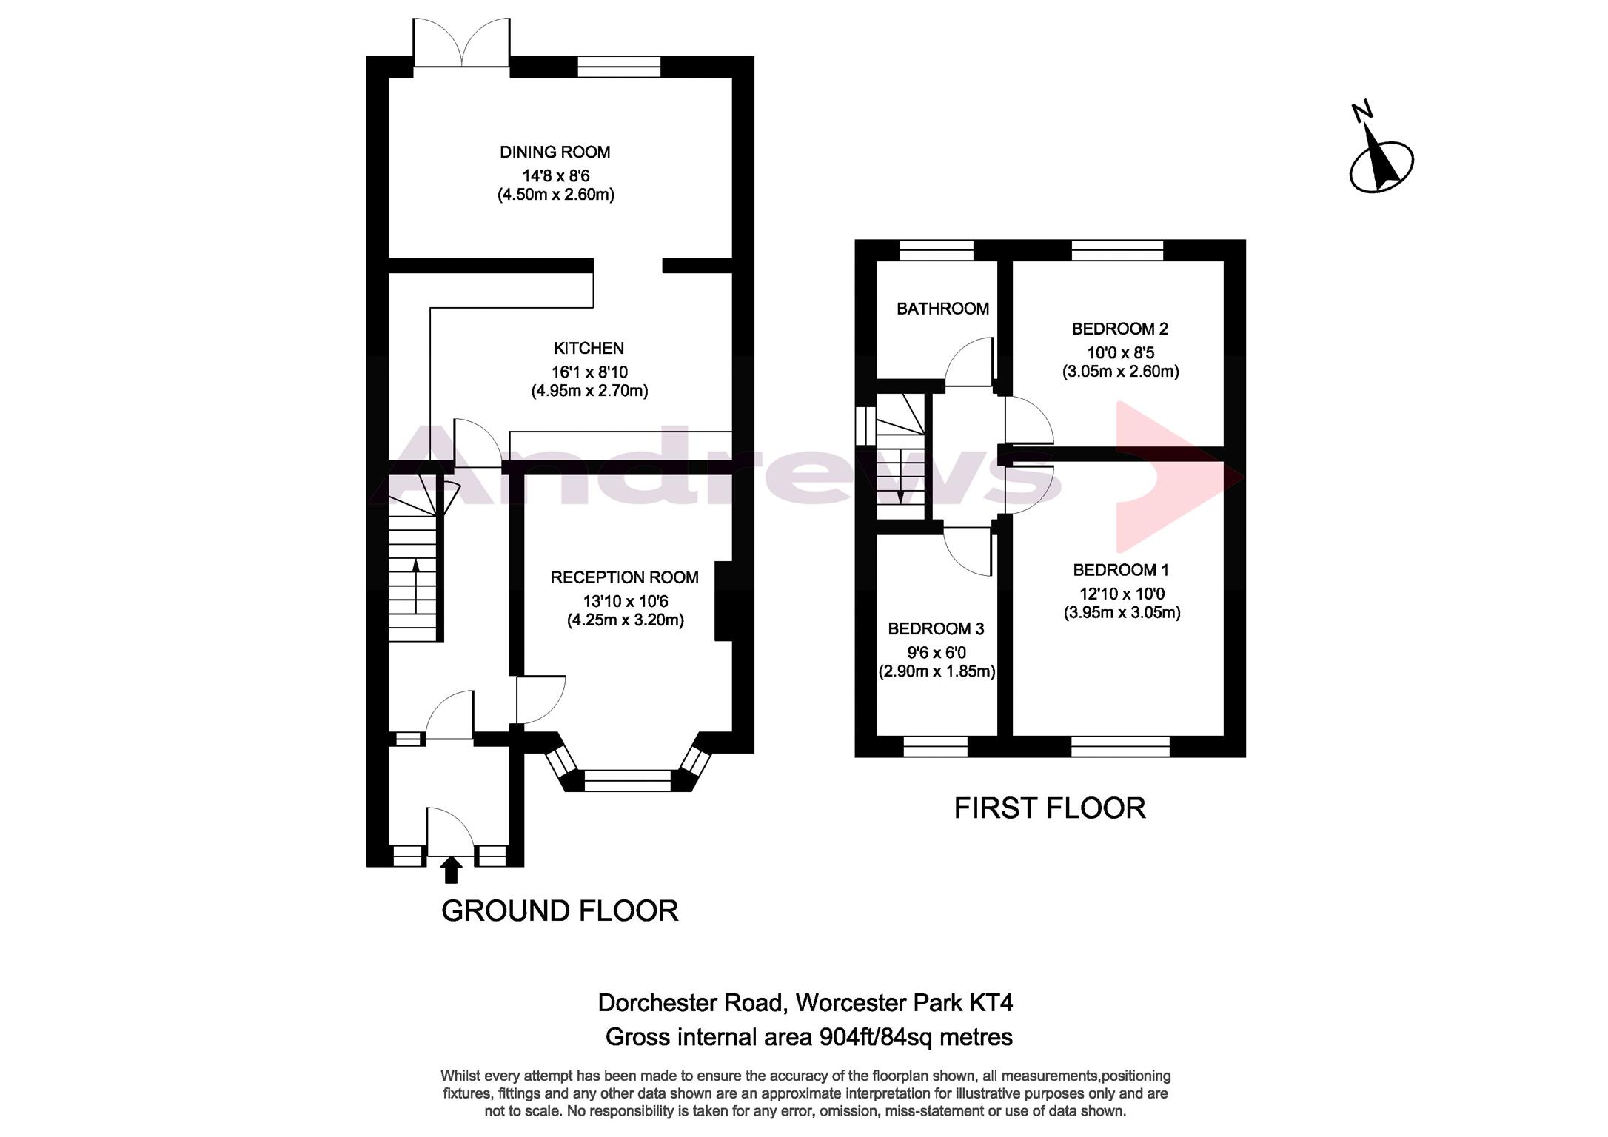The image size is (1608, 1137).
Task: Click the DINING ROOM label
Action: click(555, 152)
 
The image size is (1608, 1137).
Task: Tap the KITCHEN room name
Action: click(589, 348)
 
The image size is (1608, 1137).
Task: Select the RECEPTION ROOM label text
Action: click(625, 577)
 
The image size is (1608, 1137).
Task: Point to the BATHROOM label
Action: click(942, 309)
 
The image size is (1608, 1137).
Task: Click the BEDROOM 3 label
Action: click(936, 629)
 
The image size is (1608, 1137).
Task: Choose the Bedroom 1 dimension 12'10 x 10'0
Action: click(1122, 594)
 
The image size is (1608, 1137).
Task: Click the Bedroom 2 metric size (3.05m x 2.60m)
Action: click(1121, 372)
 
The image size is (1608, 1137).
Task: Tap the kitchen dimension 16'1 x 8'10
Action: click(589, 372)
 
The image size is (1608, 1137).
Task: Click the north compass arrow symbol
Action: click(1381, 164)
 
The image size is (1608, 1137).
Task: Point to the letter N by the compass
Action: click(1362, 112)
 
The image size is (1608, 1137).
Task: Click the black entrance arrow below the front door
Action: click(450, 870)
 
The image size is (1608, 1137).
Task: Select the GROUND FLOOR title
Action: click(560, 911)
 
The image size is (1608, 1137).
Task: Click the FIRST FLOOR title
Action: click(1050, 808)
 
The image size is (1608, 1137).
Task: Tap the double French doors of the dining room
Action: click(461, 44)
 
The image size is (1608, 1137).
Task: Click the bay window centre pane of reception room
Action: click(627, 781)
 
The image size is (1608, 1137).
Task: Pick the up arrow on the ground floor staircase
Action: click(415, 586)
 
